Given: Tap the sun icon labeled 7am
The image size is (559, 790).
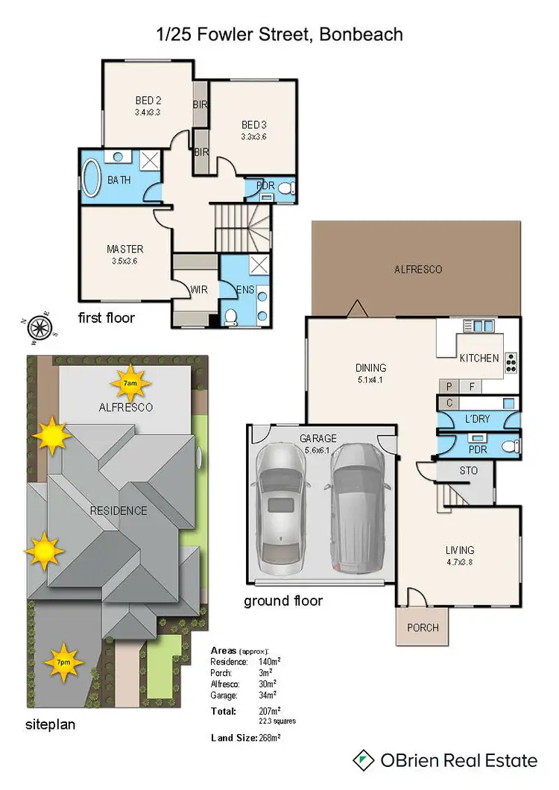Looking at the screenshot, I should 130,383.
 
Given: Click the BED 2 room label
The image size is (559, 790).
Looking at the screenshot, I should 148,101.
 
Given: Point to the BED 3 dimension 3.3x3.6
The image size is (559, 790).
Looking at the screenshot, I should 253,137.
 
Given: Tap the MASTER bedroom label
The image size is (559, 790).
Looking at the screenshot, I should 124,249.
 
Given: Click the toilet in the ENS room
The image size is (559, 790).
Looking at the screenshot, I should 231,317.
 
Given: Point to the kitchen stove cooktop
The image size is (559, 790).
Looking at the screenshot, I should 511,361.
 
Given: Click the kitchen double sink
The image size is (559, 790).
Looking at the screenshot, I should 477,325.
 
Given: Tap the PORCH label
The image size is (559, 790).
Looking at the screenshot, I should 423,628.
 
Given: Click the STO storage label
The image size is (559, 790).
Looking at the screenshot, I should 468,471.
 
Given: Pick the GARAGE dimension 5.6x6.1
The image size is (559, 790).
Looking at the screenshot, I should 318,451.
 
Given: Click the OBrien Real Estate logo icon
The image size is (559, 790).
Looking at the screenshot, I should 363,760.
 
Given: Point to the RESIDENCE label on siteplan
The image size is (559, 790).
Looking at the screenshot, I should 119,511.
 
